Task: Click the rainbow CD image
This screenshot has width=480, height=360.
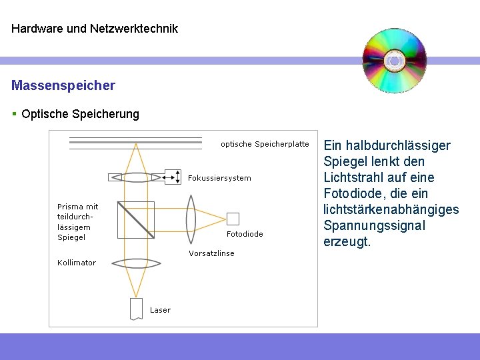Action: (x=394, y=61)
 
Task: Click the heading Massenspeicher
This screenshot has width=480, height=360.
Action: (x=63, y=85)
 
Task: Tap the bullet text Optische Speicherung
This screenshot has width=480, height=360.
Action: (x=80, y=114)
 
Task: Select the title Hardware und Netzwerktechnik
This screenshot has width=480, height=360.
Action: (x=95, y=29)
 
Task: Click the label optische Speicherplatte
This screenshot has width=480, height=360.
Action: (x=265, y=144)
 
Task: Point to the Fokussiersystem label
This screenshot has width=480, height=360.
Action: (x=220, y=178)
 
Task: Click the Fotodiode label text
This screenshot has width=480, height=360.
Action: (x=245, y=234)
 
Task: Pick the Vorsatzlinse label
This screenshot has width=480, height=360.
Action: (x=211, y=253)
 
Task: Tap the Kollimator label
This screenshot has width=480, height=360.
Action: (x=77, y=263)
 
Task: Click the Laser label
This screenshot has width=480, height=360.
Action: (x=160, y=310)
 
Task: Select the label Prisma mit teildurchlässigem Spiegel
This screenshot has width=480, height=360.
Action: (x=77, y=221)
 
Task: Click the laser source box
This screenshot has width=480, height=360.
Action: (x=136, y=308)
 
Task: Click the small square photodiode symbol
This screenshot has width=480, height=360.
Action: (x=233, y=218)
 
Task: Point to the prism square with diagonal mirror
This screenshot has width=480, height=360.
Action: (x=136, y=219)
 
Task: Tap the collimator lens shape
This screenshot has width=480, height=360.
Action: (x=136, y=263)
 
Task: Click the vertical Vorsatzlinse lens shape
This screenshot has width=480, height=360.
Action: (x=191, y=219)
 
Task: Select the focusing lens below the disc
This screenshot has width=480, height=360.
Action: (x=136, y=177)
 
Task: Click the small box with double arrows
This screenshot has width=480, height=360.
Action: (x=173, y=177)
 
